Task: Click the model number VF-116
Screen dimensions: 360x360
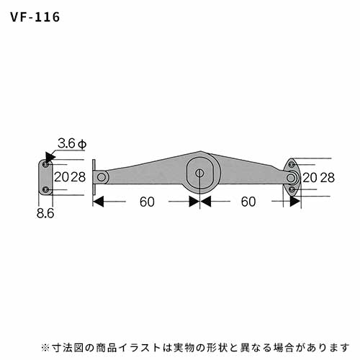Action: pyautogui.click(x=35, y=17)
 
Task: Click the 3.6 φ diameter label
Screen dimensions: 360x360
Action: pyautogui.click(x=72, y=144)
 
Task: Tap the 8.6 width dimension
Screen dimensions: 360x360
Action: pyautogui.click(x=45, y=213)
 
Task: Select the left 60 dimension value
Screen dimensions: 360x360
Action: pyautogui.click(x=147, y=202)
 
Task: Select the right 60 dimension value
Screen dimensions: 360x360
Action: pyautogui.click(x=248, y=202)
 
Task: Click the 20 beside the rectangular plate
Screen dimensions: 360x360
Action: pyautogui.click(x=62, y=177)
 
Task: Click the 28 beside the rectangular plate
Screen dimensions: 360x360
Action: pyautogui.click(x=78, y=177)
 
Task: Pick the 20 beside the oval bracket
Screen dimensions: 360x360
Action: pyautogui.click(x=310, y=178)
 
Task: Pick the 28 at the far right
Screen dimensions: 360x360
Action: pyautogui.click(x=327, y=178)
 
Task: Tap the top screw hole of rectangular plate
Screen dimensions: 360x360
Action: pyautogui.click(x=45, y=165)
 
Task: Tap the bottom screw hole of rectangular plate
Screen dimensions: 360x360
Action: pyautogui.click(x=45, y=190)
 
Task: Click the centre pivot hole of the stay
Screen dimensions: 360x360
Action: pyautogui.click(x=199, y=173)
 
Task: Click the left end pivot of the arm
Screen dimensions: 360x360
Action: pyautogui.click(x=102, y=177)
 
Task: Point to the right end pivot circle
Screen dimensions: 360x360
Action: pyautogui.click(x=291, y=178)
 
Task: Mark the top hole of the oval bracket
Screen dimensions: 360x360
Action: pyautogui.click(x=292, y=165)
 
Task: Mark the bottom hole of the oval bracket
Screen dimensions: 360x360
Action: pyautogui.click(x=292, y=189)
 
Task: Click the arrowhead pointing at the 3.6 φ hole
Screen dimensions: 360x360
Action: pyautogui.click(x=50, y=157)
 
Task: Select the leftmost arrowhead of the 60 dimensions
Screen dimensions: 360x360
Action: pyautogui.click(x=98, y=202)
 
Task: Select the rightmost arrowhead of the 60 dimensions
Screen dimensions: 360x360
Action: pyautogui.click(x=295, y=202)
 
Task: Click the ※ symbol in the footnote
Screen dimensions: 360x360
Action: pyautogui.click(x=45, y=348)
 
